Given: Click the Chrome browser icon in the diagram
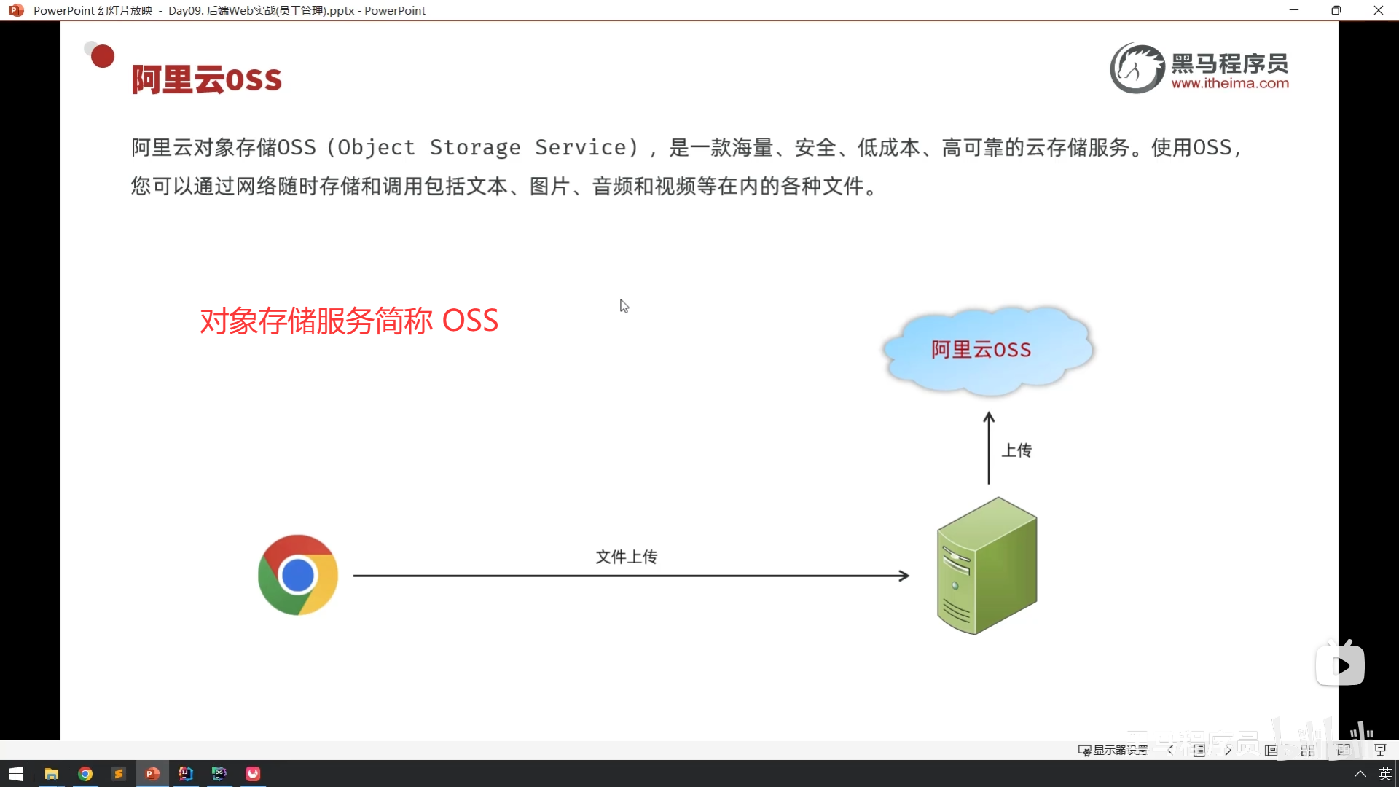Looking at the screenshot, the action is tap(298, 575).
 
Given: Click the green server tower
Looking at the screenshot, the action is tap(987, 566).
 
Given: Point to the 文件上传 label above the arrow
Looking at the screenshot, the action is tap(626, 557).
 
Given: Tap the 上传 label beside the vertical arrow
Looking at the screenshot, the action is tap(1016, 450).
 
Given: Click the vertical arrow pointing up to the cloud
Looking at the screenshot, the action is tap(989, 448).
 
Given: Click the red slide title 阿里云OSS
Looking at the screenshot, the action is tap(206, 79).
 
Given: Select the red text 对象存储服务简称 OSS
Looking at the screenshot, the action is tap(349, 321).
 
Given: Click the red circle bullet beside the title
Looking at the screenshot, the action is tap(103, 56).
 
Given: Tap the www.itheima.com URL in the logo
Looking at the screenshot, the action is tap(1230, 84).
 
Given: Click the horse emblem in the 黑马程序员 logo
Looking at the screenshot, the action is tap(1137, 68).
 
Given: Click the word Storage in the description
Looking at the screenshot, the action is tap(475, 147).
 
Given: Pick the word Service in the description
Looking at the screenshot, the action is tap(581, 147).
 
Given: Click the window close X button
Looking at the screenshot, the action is tap(1378, 10).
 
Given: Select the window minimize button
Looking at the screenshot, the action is tap(1294, 10).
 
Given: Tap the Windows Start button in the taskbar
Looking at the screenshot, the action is tap(16, 773).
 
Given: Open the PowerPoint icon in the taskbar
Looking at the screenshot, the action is tap(152, 773).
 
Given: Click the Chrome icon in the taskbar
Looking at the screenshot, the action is tap(85, 773).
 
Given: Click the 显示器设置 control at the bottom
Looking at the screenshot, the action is tap(1113, 750).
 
